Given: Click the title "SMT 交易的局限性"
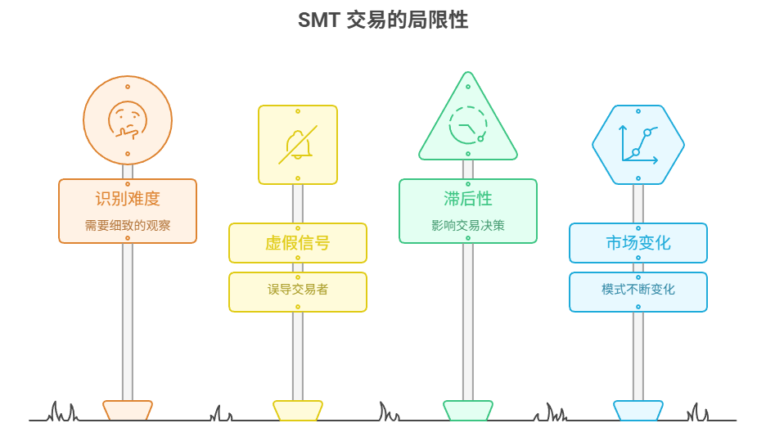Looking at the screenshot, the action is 383,20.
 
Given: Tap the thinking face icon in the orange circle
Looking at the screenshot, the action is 128,119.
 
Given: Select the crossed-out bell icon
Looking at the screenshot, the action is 297,145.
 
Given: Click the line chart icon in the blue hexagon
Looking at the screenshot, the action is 638,143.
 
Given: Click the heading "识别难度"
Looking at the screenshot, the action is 128,198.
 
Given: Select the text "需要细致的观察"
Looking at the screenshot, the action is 128,225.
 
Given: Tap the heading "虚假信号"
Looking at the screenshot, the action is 298,243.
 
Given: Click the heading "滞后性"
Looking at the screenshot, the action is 468,198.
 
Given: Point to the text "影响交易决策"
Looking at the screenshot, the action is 468,225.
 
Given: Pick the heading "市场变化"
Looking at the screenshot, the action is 638,243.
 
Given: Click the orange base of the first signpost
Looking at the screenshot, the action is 128,410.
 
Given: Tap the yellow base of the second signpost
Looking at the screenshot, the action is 298,410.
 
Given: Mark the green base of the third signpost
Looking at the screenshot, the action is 468,410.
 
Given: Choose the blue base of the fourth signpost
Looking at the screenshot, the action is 638,410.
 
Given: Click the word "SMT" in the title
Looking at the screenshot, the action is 318,20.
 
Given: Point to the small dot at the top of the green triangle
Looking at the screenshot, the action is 468,85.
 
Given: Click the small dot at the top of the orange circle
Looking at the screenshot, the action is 128,86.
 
